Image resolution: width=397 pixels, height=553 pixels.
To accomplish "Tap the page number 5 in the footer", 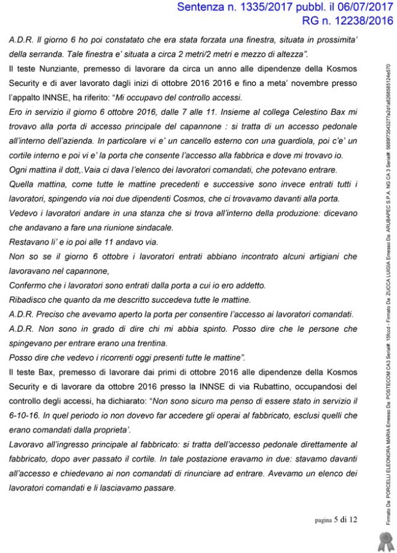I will [337, 520].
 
